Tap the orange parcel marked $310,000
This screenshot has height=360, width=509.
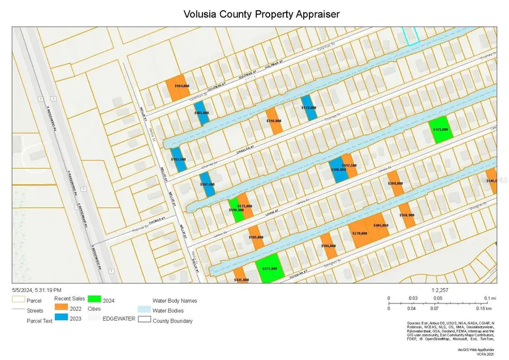click(274, 121)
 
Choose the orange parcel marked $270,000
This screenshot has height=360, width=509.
click(360, 232)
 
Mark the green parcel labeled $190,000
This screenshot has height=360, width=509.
click(235, 210)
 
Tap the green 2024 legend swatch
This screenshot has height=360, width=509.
click(94, 298)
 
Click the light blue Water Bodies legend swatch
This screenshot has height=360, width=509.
click(144, 311)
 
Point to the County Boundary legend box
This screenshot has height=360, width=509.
click(144, 321)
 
